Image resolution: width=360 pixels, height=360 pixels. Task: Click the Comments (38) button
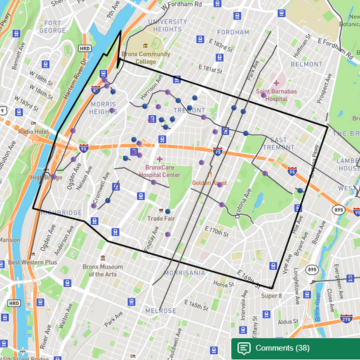295,347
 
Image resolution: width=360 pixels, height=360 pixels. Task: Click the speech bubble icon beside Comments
244,347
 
